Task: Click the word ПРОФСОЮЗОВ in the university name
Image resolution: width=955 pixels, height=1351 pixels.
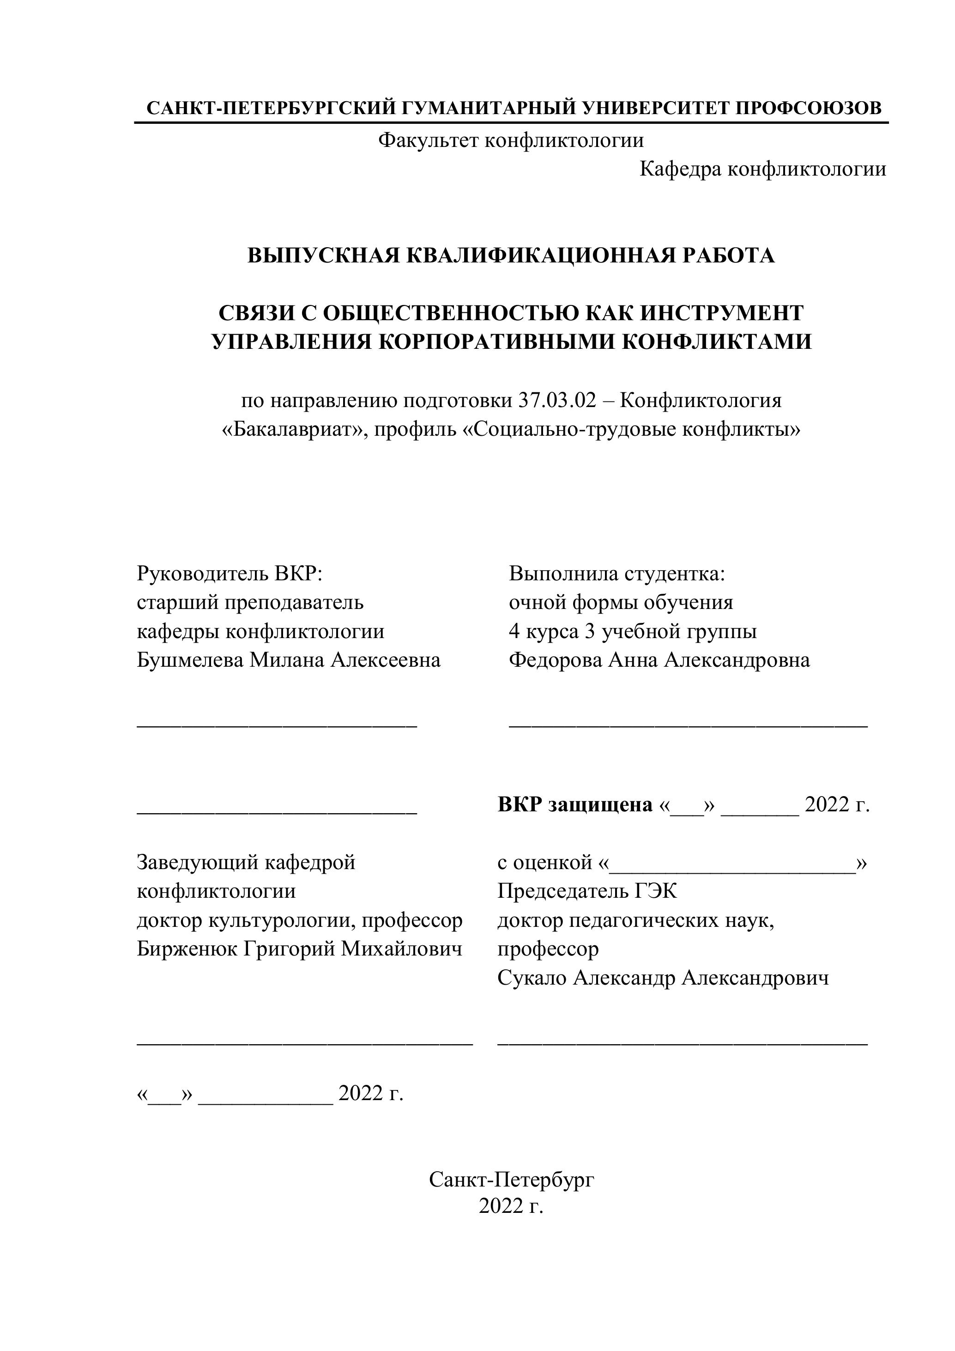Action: [x=809, y=108]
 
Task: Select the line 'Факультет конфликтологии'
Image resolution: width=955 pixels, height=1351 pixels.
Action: [x=510, y=140]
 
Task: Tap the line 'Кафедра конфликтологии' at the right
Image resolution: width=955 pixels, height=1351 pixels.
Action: [x=762, y=170]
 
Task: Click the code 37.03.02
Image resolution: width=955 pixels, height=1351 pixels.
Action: [x=557, y=401]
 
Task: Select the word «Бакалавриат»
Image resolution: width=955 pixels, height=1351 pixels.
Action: [x=292, y=430]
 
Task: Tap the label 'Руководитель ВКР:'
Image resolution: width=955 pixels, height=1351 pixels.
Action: [x=230, y=573]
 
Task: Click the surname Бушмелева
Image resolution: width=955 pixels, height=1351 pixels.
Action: [x=189, y=660]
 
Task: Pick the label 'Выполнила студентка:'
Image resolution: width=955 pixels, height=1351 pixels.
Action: [x=617, y=573]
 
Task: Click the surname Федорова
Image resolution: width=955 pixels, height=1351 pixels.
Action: [x=555, y=660]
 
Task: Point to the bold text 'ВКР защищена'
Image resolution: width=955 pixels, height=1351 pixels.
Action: [x=574, y=805]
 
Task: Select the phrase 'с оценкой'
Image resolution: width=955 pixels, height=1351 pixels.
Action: [x=544, y=863]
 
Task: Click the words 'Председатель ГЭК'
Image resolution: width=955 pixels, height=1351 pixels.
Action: [x=587, y=891]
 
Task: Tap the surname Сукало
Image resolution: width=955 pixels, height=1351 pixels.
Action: [x=532, y=978]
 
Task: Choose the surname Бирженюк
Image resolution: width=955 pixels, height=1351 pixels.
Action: [x=187, y=949]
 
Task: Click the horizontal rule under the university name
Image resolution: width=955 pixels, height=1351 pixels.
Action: [x=510, y=123]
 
